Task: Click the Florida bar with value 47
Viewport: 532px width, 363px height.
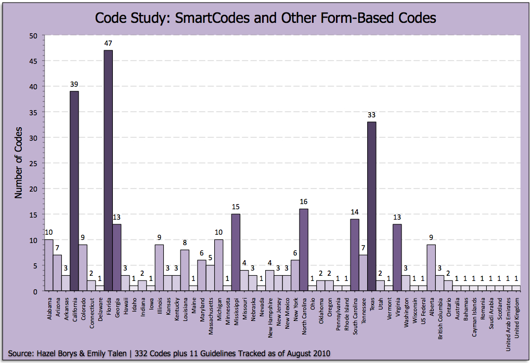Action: pos(108,171)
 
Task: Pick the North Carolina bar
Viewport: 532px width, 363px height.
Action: pos(304,250)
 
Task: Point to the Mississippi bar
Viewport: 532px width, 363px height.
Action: pos(236,252)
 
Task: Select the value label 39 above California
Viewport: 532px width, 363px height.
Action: pos(74,84)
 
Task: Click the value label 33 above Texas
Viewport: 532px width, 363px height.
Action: pos(371,115)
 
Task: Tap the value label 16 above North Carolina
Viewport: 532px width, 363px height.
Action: pos(304,201)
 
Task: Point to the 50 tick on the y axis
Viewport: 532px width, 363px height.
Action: pos(34,36)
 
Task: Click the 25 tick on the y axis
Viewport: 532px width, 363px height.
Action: pos(34,164)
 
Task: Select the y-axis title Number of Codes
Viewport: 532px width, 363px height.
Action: pos(18,162)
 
